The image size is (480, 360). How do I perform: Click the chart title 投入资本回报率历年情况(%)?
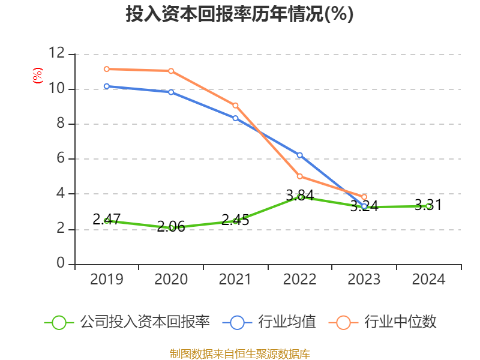239,14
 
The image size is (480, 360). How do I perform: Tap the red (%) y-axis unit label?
38,76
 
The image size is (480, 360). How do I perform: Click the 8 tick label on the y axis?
61,124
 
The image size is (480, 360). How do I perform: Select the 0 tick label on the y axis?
61,264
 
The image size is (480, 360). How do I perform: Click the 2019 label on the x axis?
107,280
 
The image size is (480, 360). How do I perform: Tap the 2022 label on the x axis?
300,280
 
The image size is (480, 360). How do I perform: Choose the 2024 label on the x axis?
428,280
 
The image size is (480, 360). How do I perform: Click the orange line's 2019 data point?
107,69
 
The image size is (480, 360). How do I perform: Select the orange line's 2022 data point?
300,176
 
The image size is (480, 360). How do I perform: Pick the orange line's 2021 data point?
235,106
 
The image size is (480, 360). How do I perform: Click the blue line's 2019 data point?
107,86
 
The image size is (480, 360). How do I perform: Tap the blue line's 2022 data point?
300,155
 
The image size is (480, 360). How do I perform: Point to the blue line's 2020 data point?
171,92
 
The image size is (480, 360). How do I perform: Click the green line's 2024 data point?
428,206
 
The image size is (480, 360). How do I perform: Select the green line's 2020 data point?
171,228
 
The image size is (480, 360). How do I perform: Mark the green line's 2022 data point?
300,197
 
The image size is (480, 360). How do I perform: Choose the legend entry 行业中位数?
384,322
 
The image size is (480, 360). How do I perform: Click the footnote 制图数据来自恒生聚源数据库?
239,354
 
